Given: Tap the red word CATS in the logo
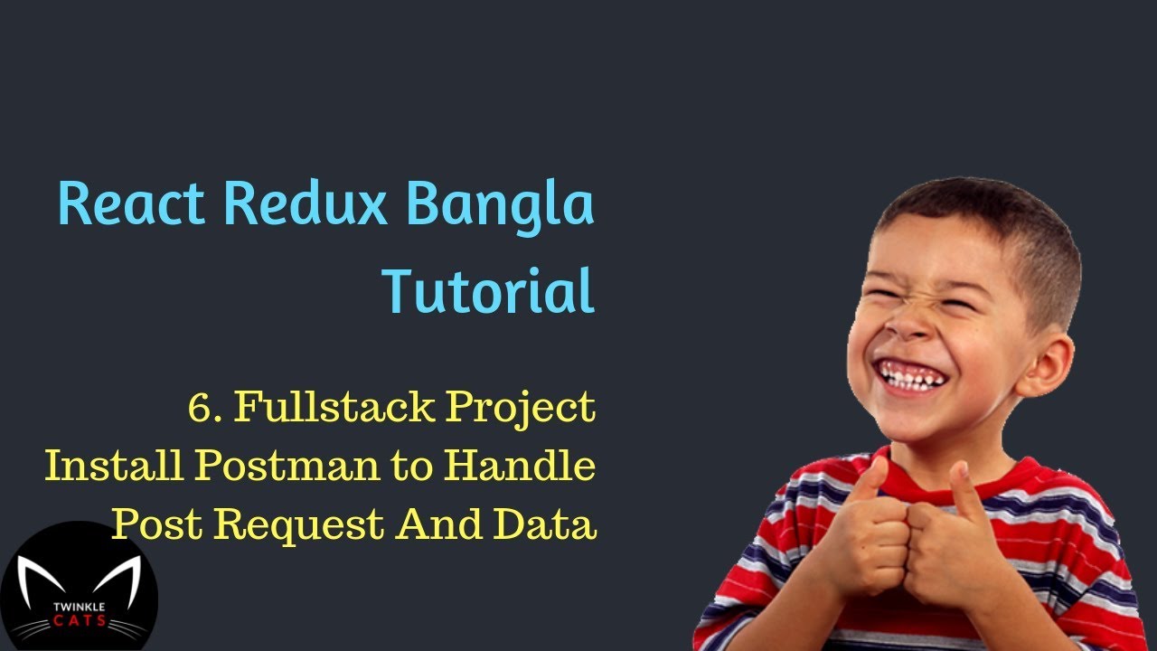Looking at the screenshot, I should (79, 620).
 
